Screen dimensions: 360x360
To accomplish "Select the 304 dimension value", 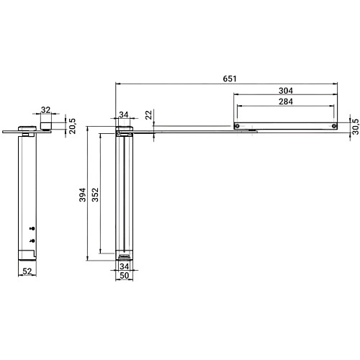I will [x=285, y=91].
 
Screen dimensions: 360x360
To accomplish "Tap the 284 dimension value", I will [x=285, y=102].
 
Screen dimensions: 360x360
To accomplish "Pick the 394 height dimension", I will [x=83, y=194].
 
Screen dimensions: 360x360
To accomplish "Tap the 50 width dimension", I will [x=125, y=275].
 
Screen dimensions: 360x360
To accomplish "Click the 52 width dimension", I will [x=27, y=271].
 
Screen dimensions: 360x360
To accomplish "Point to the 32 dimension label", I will [x=47, y=110].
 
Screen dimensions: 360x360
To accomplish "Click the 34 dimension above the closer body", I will [x=125, y=114].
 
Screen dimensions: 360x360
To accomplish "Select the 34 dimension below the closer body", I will [x=125, y=266].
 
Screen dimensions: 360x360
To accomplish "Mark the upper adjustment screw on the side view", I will [x=32, y=228].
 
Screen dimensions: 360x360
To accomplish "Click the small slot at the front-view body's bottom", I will [x=125, y=256].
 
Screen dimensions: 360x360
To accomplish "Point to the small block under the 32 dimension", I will [x=47, y=125].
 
